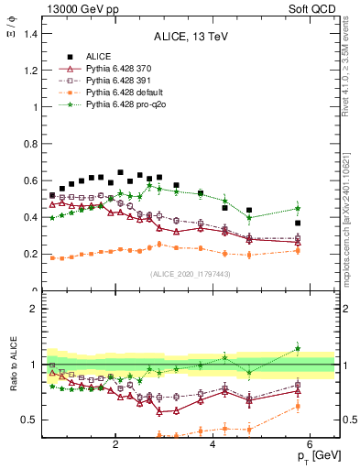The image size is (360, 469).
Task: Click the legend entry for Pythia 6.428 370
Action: point(117,69)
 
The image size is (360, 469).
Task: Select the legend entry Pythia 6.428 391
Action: point(117,81)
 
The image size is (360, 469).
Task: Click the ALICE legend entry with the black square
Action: point(97,57)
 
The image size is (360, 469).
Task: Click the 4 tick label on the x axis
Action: point(213,446)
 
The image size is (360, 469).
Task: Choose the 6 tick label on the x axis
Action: point(310,446)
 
